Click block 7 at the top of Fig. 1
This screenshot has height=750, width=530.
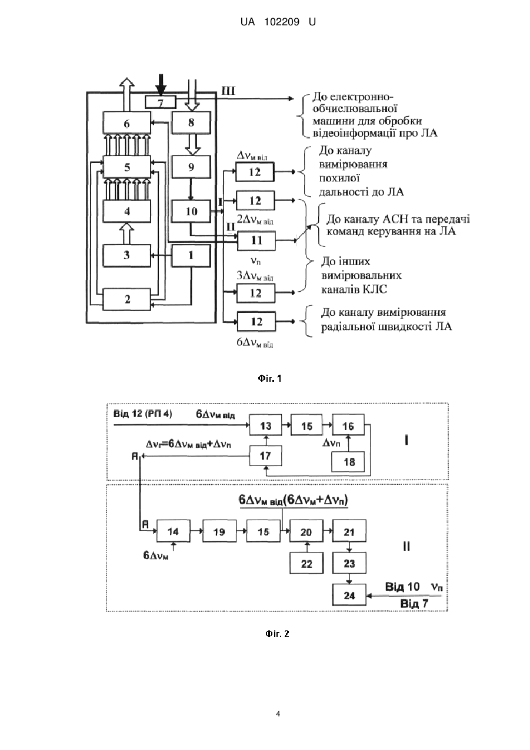pos(161,102)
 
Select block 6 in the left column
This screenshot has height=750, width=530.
pos(126,123)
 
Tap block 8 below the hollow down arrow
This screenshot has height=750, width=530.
pos(191,123)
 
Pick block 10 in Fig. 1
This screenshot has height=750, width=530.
pos(191,211)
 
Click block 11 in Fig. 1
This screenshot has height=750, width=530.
pos(256,240)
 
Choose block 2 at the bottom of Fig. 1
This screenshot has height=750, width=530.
pos(126,299)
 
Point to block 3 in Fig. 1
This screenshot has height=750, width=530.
pos(126,255)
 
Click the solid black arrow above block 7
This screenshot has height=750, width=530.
pos(161,85)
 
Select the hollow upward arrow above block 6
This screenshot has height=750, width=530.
pos(126,94)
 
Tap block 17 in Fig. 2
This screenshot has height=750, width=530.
pos(265,455)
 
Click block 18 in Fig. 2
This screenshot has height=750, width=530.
pos(349,462)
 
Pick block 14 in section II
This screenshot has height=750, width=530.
pos(173,531)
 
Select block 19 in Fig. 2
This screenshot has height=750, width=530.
pos(219,531)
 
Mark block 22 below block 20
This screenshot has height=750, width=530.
pos(306,564)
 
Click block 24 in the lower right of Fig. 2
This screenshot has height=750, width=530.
pos(349,595)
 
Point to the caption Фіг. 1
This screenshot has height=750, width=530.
pos(269,379)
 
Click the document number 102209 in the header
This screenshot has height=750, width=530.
pos(282,22)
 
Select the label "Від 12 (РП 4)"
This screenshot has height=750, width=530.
pos(143,414)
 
